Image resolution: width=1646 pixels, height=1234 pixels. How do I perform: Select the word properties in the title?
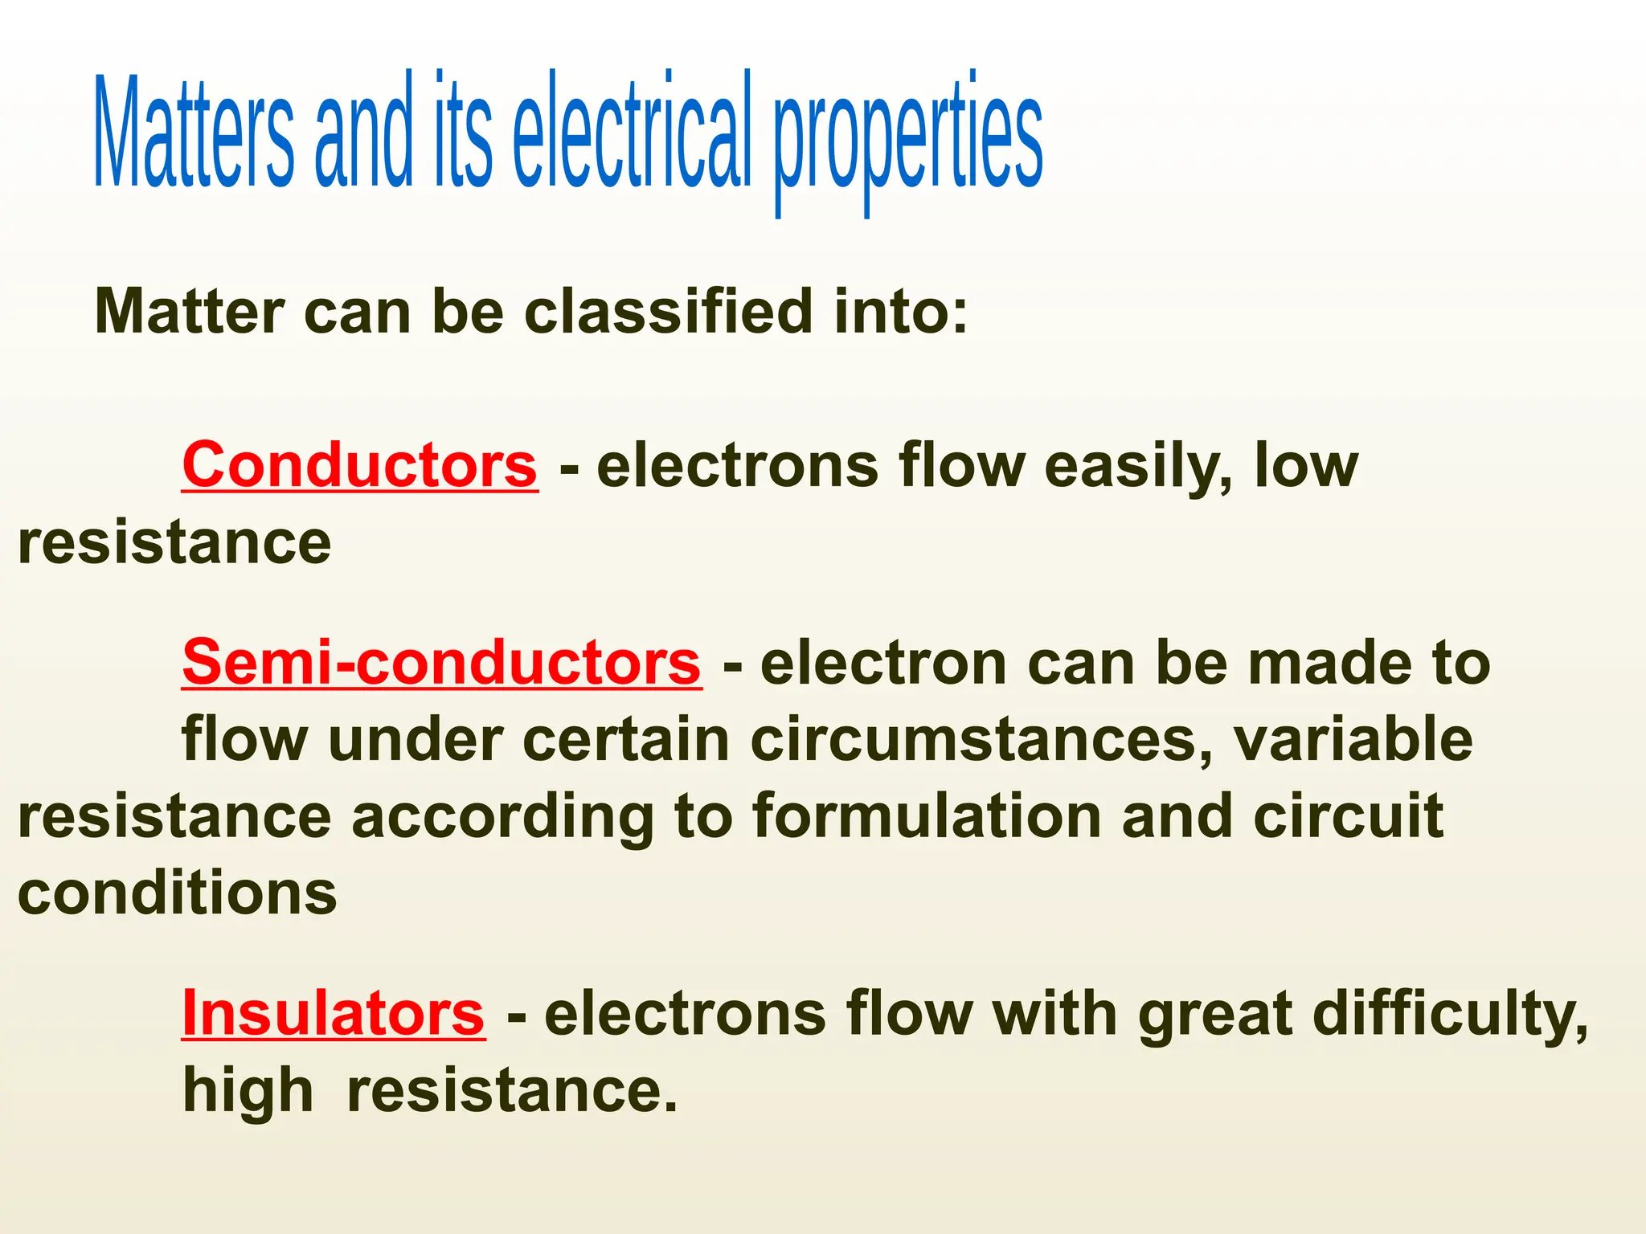908,137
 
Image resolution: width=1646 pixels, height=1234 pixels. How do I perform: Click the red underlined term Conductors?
359,465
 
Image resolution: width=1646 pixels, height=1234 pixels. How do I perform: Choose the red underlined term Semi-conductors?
441,663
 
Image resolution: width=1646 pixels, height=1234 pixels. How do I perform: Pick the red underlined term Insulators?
333,1013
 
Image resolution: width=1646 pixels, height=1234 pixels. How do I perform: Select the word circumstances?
981,740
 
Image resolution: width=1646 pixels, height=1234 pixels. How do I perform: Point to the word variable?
1353,738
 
